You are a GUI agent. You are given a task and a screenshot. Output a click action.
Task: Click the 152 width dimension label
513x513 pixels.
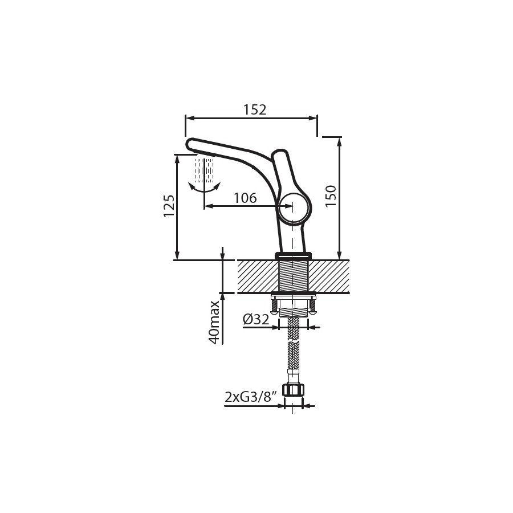(x=255, y=110)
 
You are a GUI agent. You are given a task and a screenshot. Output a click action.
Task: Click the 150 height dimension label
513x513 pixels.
(x=331, y=196)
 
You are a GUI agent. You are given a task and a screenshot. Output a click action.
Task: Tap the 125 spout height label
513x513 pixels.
(x=169, y=206)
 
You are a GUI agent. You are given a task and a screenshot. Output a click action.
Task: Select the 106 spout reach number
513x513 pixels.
(x=245, y=198)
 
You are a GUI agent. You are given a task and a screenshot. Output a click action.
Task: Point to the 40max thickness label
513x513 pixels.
(x=215, y=322)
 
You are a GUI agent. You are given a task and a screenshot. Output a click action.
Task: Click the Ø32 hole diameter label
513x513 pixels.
(x=256, y=319)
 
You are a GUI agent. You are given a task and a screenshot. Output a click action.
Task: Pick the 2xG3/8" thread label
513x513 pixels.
(x=251, y=397)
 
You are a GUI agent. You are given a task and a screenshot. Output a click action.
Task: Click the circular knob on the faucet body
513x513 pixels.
(x=294, y=209)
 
